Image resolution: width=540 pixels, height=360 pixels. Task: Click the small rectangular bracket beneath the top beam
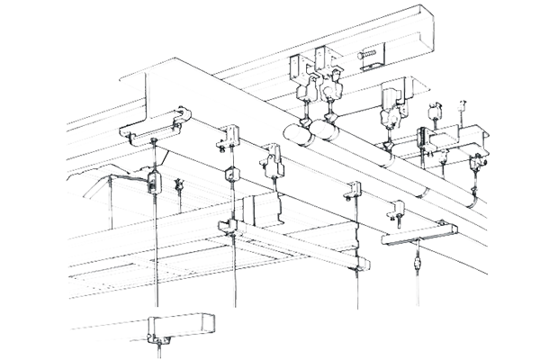click(367, 60)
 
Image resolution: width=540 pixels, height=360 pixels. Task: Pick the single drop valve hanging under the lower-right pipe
click(418, 262)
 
